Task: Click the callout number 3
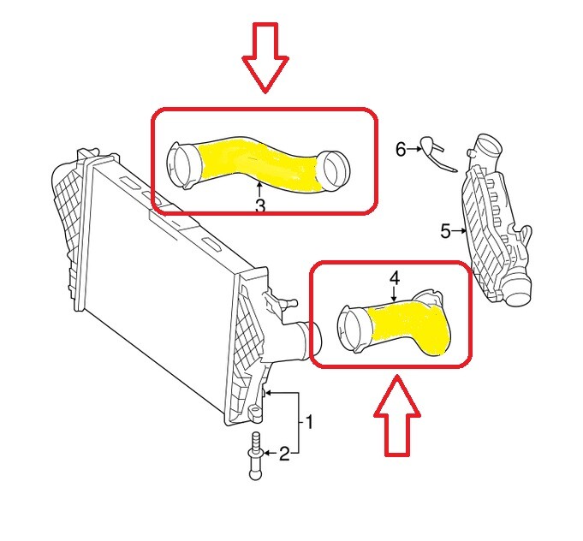259,205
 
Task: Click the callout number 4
394,279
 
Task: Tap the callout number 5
445,230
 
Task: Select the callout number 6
401,149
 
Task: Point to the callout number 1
309,423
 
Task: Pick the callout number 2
284,454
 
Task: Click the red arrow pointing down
266,56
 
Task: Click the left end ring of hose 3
181,163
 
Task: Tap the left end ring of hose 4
353,331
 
